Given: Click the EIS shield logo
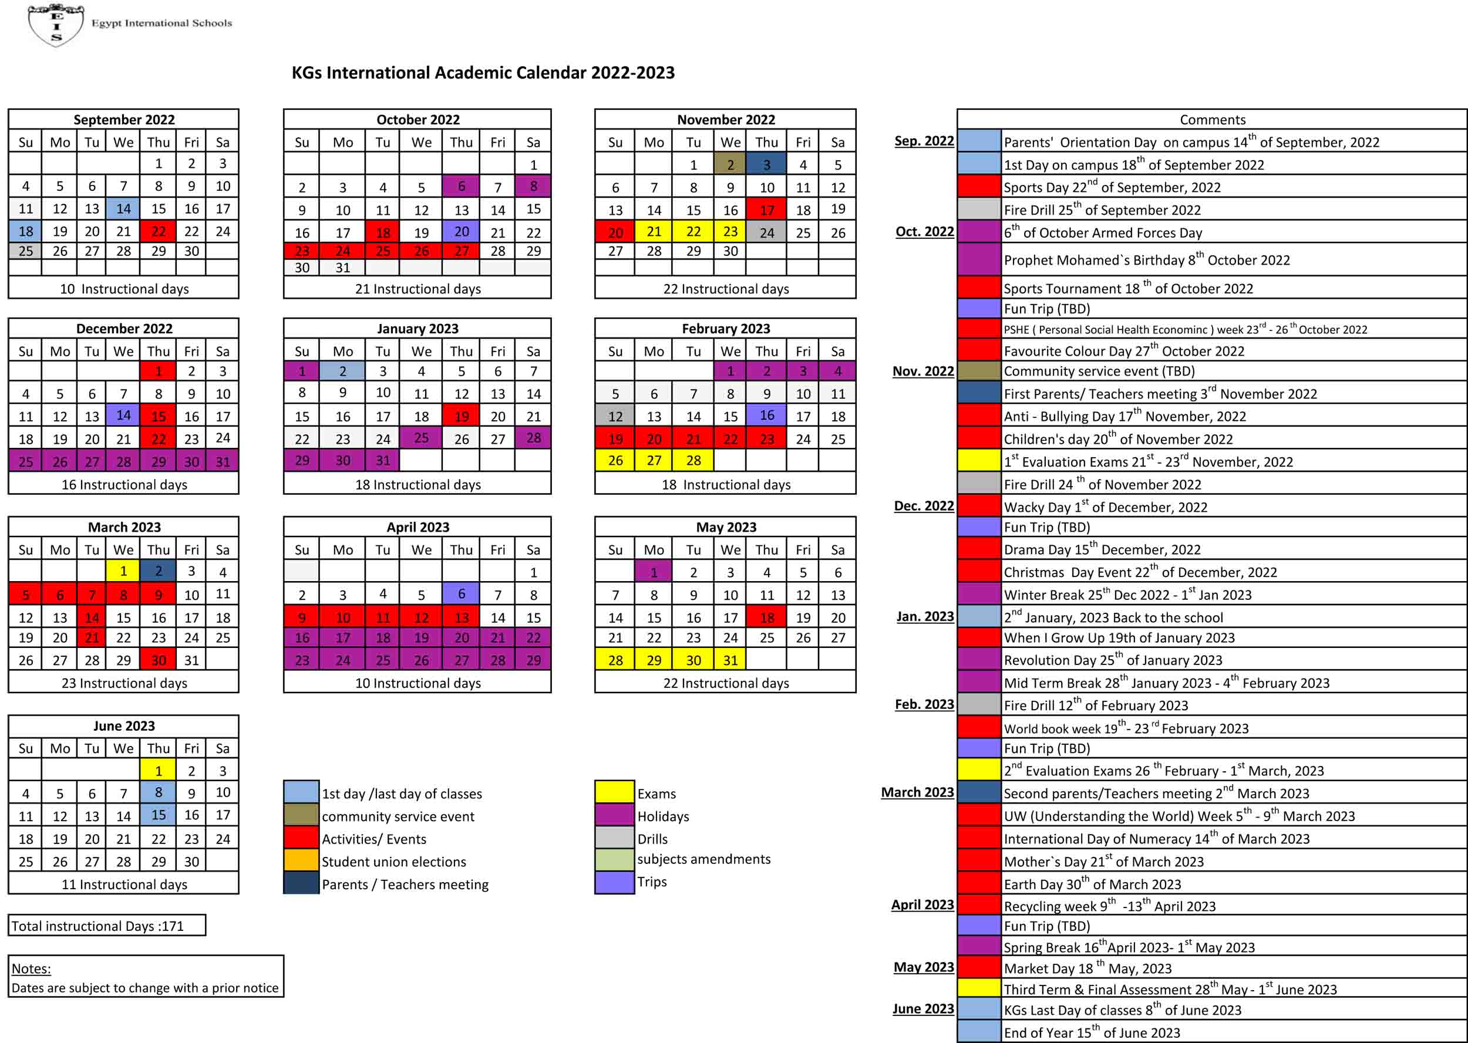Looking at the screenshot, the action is pos(56,25).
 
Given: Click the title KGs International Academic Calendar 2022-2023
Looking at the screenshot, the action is pos(483,73).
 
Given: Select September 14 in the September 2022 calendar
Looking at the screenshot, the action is pos(123,208).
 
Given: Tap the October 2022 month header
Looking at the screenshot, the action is pos(417,120).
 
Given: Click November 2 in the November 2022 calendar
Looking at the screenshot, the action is pos(730,164).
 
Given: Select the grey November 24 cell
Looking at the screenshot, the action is pos(766,232).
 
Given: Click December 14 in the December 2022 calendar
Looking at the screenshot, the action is pos(123,416).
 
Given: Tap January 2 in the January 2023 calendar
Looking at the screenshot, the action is pos(342,370).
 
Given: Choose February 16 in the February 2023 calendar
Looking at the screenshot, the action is pos(766,416).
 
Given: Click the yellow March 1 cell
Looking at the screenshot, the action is pos(123,571).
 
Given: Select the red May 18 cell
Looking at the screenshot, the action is pos(766,617).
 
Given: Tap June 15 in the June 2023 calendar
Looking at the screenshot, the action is pos(158,815).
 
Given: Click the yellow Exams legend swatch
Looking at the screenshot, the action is pos(614,792).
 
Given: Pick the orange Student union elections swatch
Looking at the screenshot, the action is pos(301,860).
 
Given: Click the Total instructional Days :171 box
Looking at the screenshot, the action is pos(107,926).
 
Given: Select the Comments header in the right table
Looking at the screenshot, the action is pos(1213,120).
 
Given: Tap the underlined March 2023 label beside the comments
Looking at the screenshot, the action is pos(917,792).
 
